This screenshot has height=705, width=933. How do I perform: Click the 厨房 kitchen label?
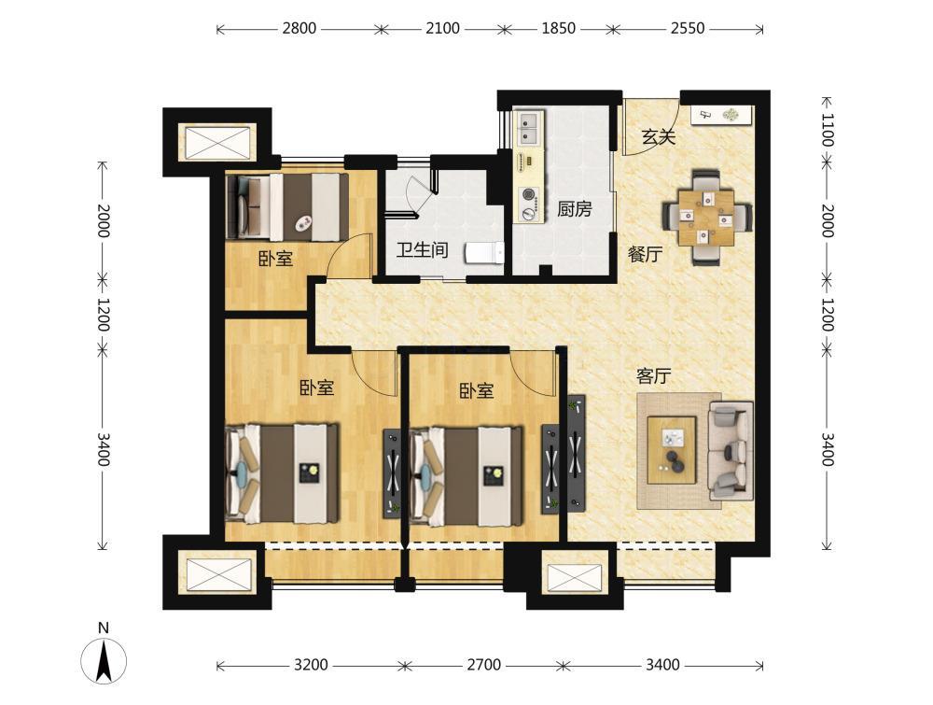click(574, 209)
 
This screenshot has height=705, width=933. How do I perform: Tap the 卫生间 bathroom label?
click(423, 249)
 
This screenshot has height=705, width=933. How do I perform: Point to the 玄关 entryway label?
click(659, 137)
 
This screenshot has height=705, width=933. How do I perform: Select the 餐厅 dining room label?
click(646, 254)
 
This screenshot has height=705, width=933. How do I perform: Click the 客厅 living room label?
click(654, 376)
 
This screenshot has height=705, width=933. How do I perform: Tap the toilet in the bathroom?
click(484, 252)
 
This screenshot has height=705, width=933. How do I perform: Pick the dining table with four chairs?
click(707, 217)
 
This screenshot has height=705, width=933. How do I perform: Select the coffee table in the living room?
click(672, 449)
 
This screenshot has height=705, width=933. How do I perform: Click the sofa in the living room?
click(731, 450)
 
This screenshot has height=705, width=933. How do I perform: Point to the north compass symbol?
click(104, 659)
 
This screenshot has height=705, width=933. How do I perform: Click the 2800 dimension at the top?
click(299, 28)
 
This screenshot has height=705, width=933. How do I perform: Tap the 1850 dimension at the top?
click(558, 28)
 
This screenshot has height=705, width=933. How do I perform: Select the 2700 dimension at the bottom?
click(483, 665)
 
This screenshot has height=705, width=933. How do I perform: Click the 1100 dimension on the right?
click(827, 130)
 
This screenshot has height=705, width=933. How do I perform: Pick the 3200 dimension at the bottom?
click(311, 665)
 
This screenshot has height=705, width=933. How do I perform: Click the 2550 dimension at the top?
click(688, 28)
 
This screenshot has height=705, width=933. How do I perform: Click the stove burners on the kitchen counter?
click(528, 203)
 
